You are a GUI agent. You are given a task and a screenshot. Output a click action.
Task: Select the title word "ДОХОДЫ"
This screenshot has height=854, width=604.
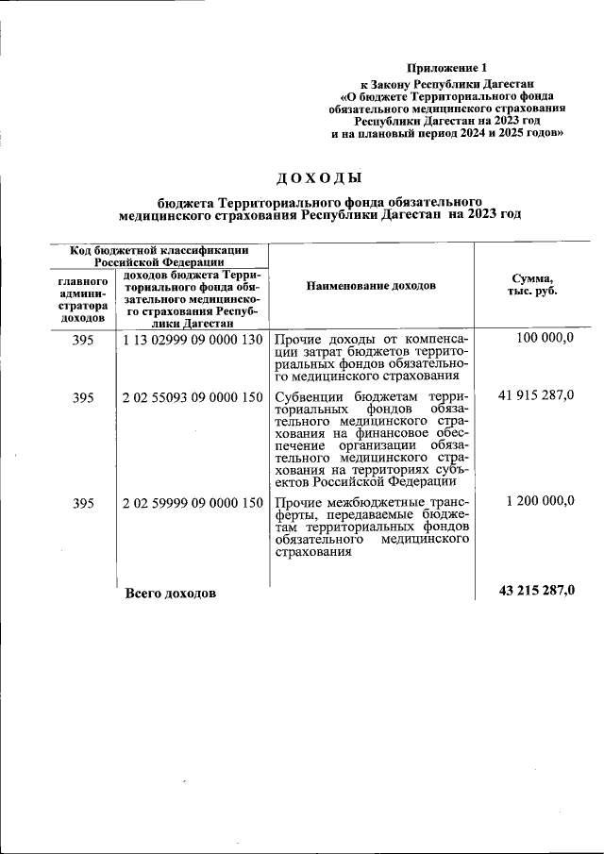[x=319, y=178]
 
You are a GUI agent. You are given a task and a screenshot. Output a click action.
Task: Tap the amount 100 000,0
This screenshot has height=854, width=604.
[x=545, y=338]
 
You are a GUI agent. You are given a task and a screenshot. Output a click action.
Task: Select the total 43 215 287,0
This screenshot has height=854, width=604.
[x=536, y=591]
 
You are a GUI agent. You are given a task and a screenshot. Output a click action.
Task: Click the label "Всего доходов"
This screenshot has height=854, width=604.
[x=170, y=594]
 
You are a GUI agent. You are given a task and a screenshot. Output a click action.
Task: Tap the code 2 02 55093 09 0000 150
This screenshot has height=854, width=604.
[x=193, y=397]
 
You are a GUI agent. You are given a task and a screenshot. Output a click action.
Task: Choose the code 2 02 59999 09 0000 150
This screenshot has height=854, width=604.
[x=193, y=502]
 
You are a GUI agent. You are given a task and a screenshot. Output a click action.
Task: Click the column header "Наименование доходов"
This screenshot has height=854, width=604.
[x=371, y=285]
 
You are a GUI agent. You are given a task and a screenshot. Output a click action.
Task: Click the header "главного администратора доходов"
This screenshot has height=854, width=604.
[x=83, y=299]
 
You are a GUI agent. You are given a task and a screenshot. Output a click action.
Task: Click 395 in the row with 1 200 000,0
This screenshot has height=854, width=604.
[x=83, y=502]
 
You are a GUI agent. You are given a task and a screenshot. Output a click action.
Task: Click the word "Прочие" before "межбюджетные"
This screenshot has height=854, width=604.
[x=298, y=502]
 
